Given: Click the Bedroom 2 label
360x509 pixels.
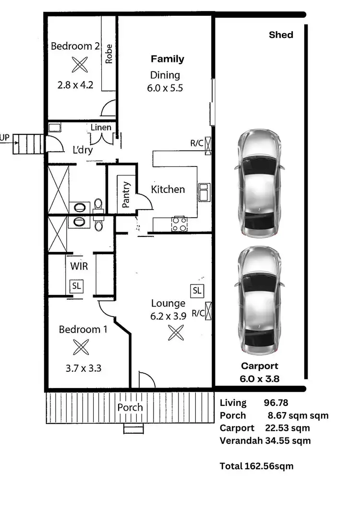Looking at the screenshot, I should coord(75,47).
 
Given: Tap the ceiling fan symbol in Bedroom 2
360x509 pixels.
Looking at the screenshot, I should coord(77,64).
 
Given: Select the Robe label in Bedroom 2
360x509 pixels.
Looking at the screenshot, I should coord(109,54).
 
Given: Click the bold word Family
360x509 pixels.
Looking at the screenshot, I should coord(167,59).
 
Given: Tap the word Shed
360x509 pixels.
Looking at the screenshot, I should coord(281,35).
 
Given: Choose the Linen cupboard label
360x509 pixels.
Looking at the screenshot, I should coord(101,127).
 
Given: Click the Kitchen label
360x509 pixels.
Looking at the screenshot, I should coord(168,189).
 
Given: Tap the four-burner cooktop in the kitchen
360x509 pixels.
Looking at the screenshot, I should coord(180,224).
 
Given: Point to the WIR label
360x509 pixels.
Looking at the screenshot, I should coord(78,266).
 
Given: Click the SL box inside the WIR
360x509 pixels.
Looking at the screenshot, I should coord(76,286).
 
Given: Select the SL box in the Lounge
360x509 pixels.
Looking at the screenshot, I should coord(197,290).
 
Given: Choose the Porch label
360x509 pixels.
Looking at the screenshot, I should coord(130,407).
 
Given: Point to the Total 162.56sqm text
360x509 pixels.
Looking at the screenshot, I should coord(256,466).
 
